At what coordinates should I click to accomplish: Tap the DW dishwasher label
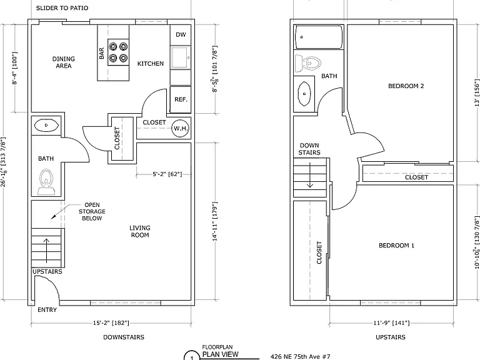[181, 34]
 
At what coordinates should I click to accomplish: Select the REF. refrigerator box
[181, 100]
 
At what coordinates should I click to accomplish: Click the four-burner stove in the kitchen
[118, 52]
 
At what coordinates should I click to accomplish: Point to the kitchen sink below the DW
[181, 57]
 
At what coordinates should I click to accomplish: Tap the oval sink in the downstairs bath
[46, 125]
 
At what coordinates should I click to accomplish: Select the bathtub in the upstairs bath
[318, 37]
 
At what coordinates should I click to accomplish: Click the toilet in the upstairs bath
[307, 63]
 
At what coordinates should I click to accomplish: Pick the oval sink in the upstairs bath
[304, 94]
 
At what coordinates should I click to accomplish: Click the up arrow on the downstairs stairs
[46, 251]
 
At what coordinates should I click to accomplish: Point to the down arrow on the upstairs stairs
[310, 175]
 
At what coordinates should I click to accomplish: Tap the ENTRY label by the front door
[47, 310]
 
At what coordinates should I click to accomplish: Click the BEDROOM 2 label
[406, 86]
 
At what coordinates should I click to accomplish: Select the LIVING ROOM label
[140, 231]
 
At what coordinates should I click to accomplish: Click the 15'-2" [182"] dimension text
[111, 323]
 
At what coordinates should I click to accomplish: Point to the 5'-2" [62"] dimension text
[167, 174]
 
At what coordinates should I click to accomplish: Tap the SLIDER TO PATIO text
[62, 8]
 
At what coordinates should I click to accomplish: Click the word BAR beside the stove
[102, 53]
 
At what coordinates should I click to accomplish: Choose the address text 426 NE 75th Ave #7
[300, 357]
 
